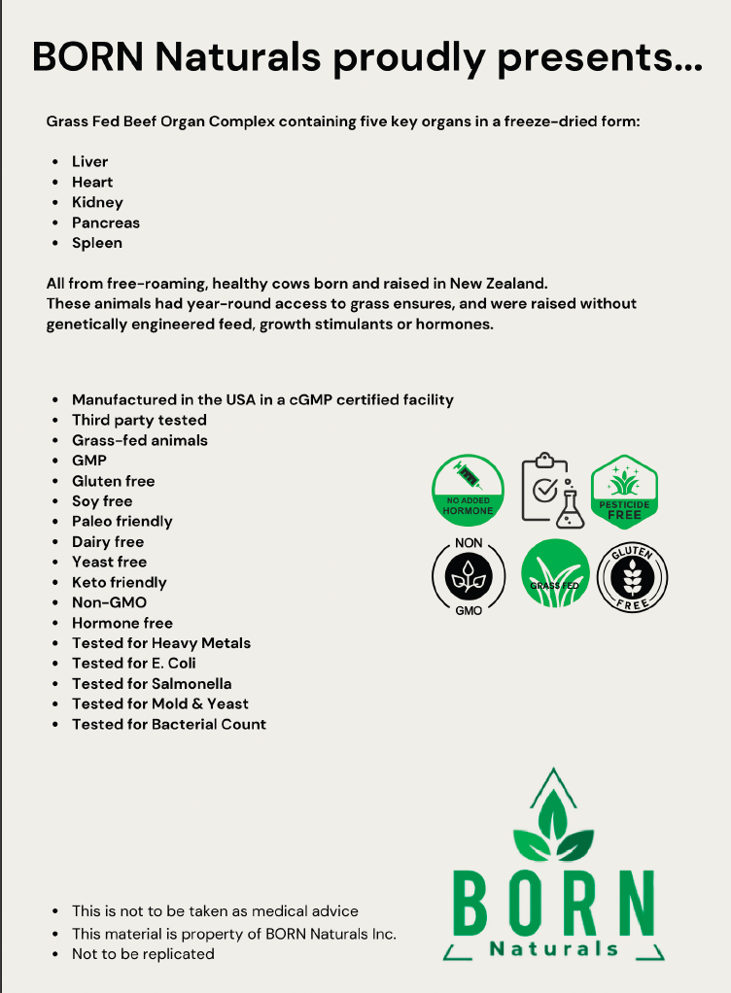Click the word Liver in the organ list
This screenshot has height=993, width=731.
pos(89,161)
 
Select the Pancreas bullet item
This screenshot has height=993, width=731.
pos(105,223)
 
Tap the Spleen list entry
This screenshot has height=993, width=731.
pos(96,243)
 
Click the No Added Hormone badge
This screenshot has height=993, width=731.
pos(469,492)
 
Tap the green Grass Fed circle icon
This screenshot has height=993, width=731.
pos(555,574)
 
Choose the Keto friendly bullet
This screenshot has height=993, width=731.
pos(119,582)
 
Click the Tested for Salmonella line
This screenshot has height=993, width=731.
pos(151,683)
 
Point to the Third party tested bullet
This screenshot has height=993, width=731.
pos(139,420)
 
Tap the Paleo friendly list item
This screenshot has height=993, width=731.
pos(122,521)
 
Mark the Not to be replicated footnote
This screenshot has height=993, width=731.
pos(143,953)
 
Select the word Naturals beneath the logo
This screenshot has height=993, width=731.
pos(553,948)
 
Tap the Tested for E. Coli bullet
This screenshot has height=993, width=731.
pos(133,663)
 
